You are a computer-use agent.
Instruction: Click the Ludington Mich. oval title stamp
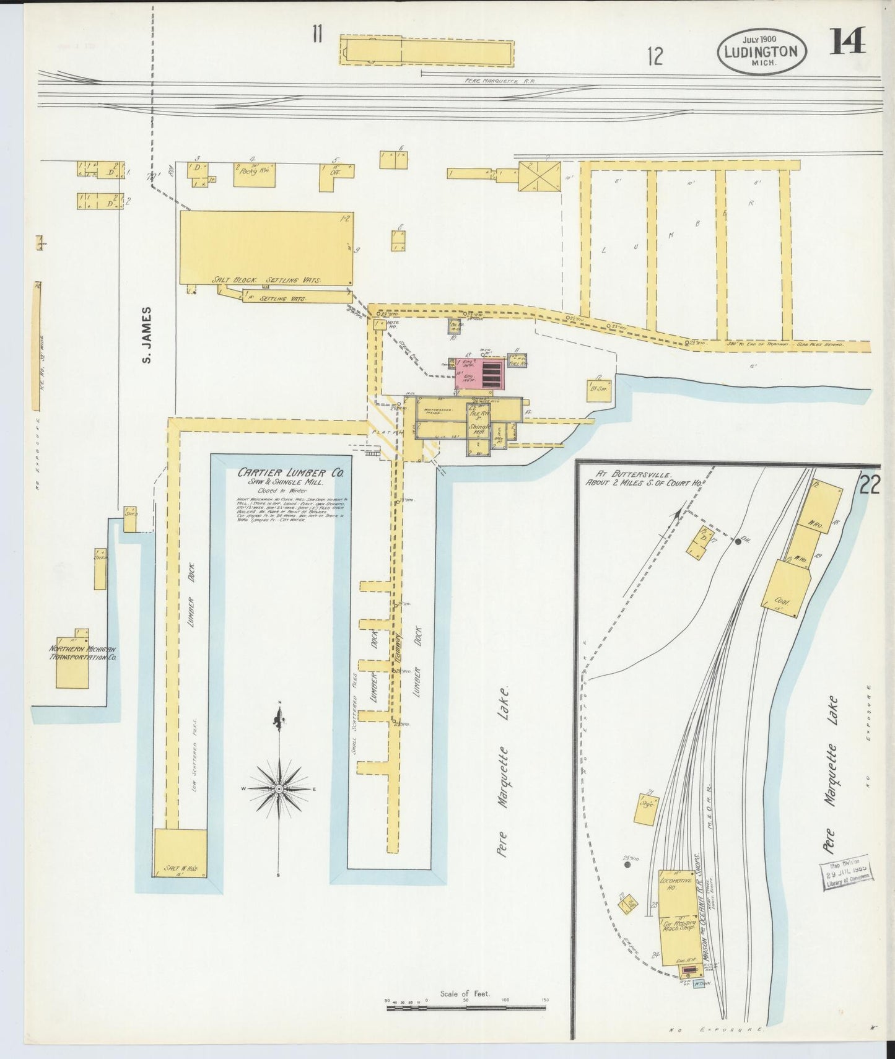(761, 51)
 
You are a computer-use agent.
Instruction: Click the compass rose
(279, 788)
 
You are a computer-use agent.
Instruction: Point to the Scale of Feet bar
(466, 1008)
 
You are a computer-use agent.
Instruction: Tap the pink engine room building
(481, 373)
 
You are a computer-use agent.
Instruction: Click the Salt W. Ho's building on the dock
(180, 853)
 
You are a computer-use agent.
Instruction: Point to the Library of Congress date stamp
(847, 874)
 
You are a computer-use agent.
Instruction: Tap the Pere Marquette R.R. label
(500, 81)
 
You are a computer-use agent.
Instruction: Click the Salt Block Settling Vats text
(266, 280)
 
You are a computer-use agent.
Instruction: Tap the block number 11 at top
(318, 33)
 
